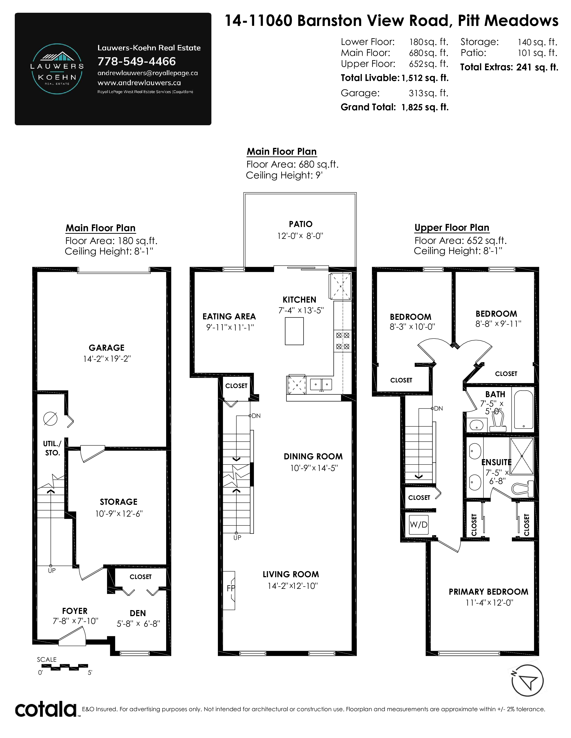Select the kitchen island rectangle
294,331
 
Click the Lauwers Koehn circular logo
57,69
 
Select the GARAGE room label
107,348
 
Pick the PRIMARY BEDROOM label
488,592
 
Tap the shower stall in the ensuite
522,456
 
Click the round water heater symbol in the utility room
50,419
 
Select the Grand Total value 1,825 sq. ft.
425,107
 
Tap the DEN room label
138,613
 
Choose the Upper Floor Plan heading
452,228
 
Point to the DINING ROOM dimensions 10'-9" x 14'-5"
314,468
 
